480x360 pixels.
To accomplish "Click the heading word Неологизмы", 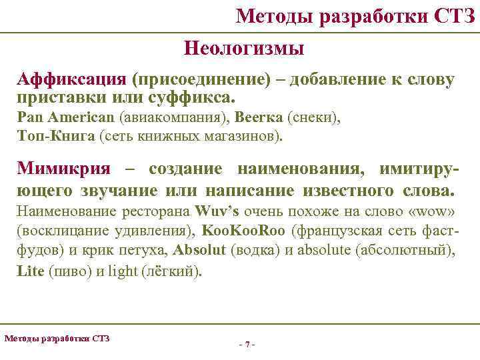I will [x=243, y=49].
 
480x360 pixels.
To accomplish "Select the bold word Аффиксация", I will [x=73, y=81].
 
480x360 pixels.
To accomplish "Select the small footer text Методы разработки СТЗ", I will [x=57, y=338].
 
